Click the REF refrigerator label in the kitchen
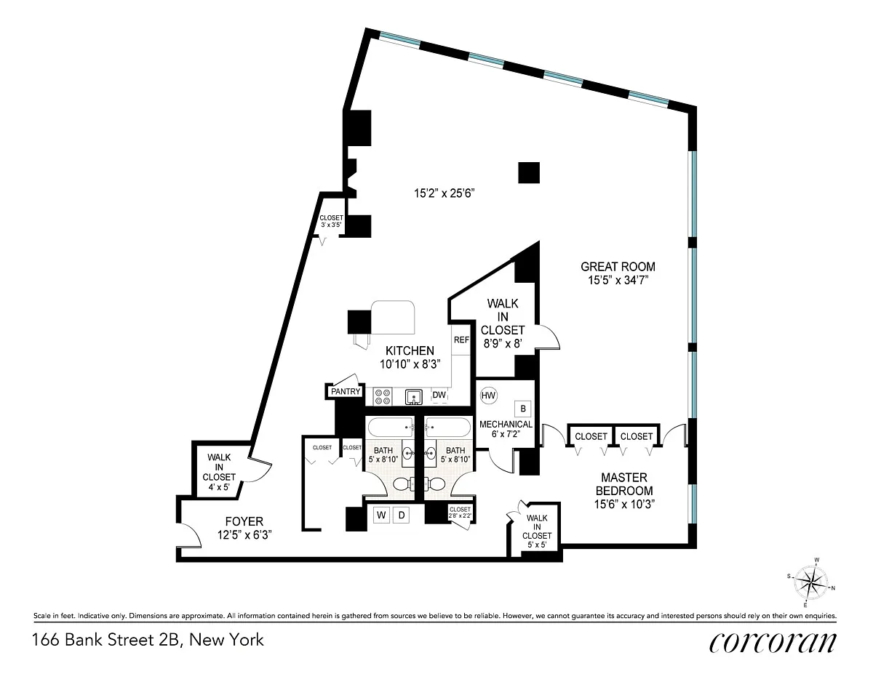[461, 340]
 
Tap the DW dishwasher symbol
[439, 396]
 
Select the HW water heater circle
[488, 396]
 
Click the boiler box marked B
[523, 409]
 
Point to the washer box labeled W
[381, 515]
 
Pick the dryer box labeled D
[401, 515]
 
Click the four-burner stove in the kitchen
[383, 396]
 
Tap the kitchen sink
[413, 397]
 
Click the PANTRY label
[346, 391]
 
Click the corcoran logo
[773, 642]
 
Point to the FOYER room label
[244, 521]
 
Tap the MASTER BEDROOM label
[624, 484]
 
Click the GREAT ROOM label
[618, 267]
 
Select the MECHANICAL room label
[506, 425]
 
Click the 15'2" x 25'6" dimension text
[445, 193]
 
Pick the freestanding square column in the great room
[529, 172]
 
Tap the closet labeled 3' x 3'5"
[332, 221]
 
